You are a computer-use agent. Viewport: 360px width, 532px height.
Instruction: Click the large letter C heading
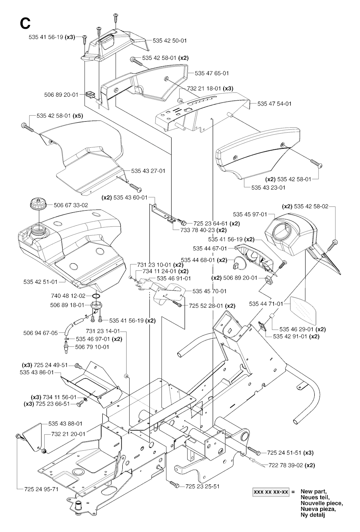tap(25, 23)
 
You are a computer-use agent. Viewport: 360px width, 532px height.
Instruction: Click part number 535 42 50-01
tap(169, 41)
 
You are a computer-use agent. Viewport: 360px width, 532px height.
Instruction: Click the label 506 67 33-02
tap(71, 205)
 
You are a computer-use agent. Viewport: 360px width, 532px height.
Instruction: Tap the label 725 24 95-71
tap(41, 489)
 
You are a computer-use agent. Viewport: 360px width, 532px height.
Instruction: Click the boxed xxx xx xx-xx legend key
tap(271, 492)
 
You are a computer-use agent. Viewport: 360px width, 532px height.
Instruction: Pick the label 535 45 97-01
tap(250, 214)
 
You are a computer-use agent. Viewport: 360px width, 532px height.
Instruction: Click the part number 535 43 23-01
tap(268, 187)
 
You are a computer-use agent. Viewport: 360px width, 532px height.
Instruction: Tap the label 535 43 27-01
tap(148, 171)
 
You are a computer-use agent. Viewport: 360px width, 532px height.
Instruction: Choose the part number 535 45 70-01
tap(210, 291)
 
